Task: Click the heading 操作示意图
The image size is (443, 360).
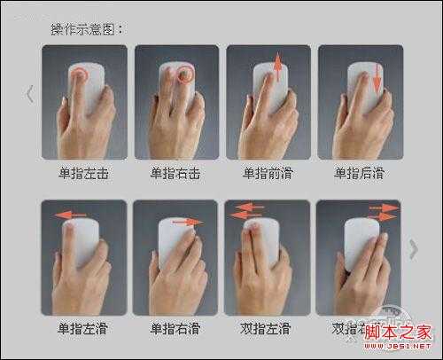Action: tap(88, 28)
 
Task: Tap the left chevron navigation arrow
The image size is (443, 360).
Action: tap(29, 93)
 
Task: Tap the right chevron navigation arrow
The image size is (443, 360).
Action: tap(413, 249)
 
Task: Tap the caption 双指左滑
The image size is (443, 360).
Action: tap(266, 328)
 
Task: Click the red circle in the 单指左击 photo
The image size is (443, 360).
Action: tap(80, 74)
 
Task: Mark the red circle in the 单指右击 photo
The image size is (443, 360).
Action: tap(185, 74)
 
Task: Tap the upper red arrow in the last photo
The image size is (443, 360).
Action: tap(383, 206)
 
